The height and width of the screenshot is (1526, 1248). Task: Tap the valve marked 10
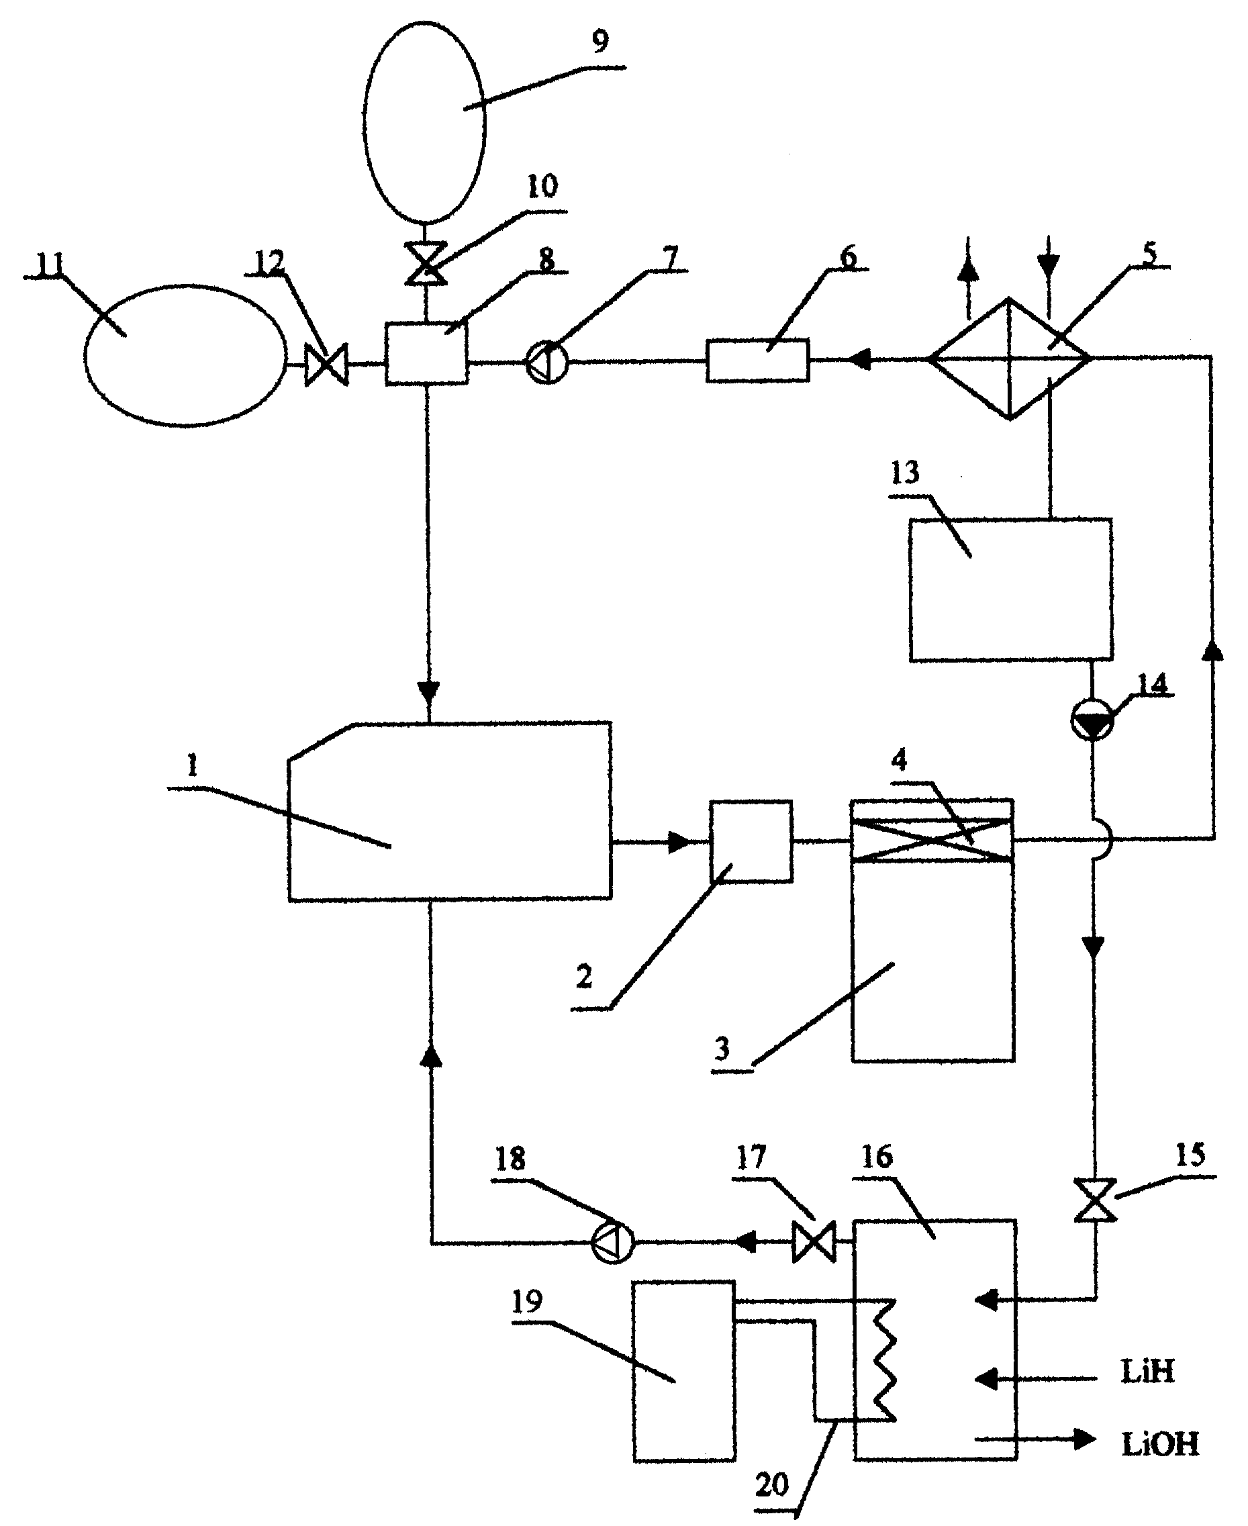[426, 264]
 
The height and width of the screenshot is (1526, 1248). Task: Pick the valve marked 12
[326, 365]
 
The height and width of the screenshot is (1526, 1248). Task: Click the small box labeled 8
[427, 353]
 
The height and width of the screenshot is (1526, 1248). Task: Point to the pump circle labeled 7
[547, 363]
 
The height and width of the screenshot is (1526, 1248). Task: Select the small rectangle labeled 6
[757, 359]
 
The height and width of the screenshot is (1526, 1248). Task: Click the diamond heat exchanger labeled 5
[1009, 359]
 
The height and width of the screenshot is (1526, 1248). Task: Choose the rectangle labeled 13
[1011, 589]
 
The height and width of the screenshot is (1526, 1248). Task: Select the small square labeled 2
[751, 841]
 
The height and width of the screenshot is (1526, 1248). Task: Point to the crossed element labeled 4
[932, 840]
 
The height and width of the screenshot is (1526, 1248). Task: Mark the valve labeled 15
[1096, 1200]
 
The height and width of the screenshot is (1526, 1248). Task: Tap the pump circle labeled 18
[612, 1243]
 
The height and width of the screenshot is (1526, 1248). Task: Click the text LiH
[1147, 1372]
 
